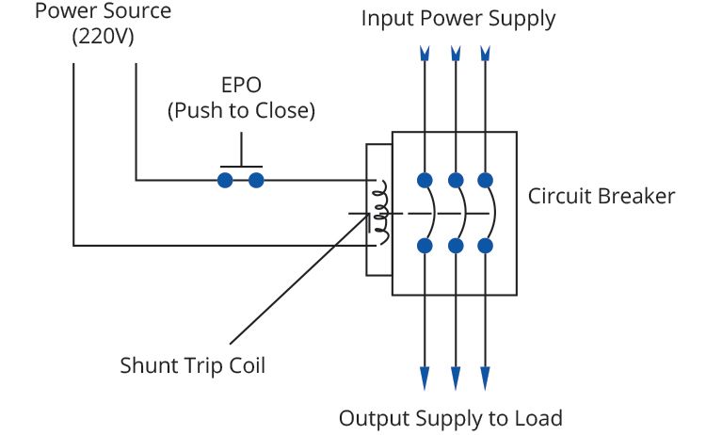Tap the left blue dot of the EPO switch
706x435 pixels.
225,179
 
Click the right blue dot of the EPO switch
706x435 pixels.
255,179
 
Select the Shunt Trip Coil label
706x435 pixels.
193,365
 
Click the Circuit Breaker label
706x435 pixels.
601,197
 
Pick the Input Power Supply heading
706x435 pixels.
458,19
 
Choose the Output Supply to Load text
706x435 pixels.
450,418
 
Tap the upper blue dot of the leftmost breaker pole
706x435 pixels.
425,180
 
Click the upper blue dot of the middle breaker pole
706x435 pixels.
456,180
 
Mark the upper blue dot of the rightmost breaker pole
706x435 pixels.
486,180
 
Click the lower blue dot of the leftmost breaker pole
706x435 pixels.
425,246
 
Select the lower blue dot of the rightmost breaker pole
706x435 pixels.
486,246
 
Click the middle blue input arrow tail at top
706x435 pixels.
456,54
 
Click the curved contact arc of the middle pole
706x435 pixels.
461,213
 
